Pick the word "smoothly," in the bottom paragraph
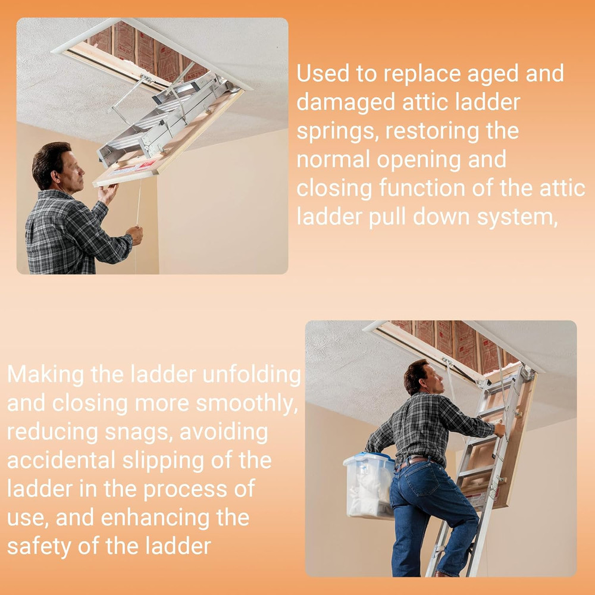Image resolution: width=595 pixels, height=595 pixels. tap(246, 403)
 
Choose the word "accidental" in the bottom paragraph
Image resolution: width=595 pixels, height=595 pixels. tap(61, 461)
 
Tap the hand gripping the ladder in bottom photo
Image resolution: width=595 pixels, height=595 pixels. tap(498, 430)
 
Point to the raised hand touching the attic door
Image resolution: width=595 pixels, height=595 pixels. tap(108, 192)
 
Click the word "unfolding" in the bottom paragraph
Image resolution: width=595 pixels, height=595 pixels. tap(250, 375)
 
